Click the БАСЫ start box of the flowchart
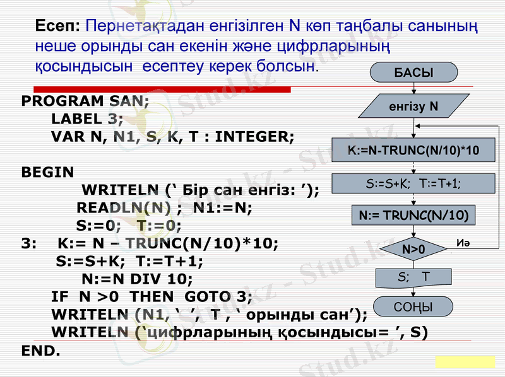pos(413,72)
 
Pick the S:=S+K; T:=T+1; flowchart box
pos(413,183)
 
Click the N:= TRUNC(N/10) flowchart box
pos(413,216)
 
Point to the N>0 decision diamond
pos(413,250)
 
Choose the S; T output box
pos(413,277)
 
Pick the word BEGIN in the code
pos(47,172)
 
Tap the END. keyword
pos(40,350)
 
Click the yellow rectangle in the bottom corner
pos(465,361)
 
